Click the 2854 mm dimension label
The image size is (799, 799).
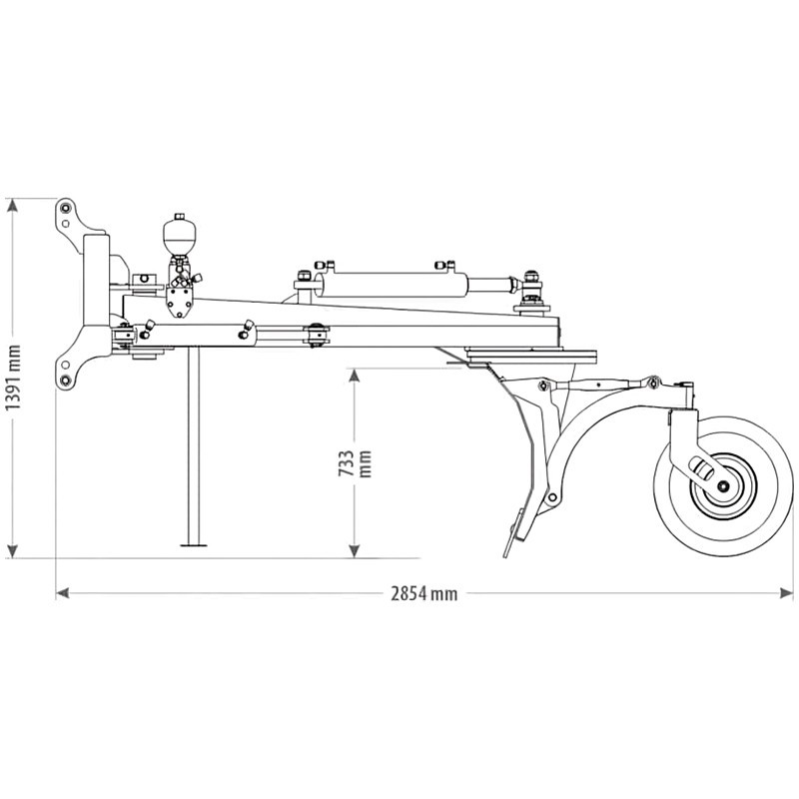click(x=423, y=592)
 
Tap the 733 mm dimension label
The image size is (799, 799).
click(x=355, y=461)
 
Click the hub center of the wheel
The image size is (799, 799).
click(x=720, y=484)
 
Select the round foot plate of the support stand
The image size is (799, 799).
click(x=195, y=545)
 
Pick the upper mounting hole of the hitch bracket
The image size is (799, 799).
click(x=65, y=209)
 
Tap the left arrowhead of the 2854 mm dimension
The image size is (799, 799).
click(x=61, y=592)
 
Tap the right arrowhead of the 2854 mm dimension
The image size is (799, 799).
click(x=788, y=592)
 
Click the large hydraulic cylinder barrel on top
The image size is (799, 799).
click(x=390, y=281)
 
